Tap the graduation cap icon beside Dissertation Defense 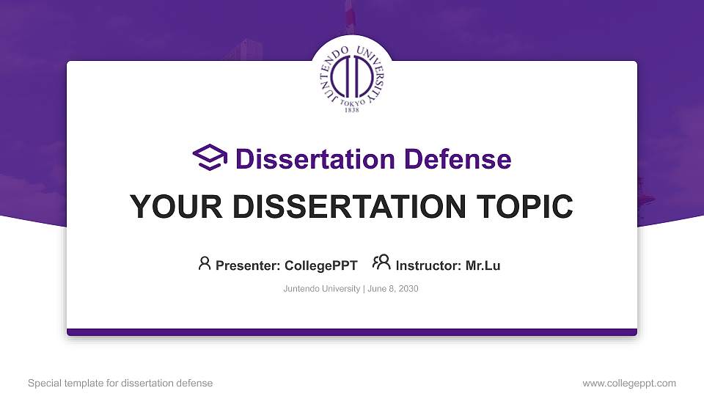pos(210,158)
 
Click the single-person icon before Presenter pos(205,263)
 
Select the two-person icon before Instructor pos(381,263)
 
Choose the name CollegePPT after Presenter pos(320,265)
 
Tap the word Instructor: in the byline pos(428,265)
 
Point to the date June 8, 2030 pos(393,289)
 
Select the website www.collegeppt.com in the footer pos(628,383)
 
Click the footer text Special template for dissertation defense pos(120,383)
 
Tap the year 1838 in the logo pos(352,110)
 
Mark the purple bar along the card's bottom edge pos(352,332)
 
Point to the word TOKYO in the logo pos(352,103)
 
